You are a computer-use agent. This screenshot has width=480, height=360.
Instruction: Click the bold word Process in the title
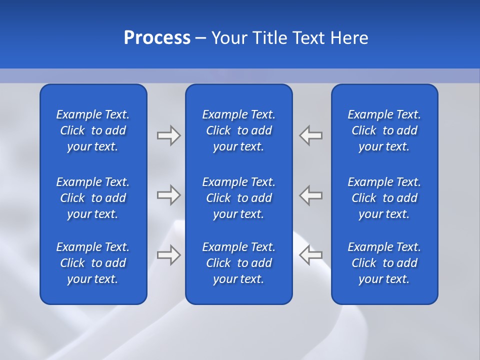click(157, 38)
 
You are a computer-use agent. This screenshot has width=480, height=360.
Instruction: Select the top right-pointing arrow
click(168, 135)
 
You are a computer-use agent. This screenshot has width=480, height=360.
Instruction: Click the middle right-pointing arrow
click(168, 195)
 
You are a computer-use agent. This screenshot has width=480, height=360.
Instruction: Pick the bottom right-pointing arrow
click(168, 255)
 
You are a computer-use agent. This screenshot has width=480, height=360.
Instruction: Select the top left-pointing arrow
click(310, 135)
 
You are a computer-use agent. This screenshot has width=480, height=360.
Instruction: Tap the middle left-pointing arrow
click(310, 195)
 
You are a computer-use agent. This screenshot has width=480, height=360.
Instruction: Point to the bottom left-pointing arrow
click(310, 255)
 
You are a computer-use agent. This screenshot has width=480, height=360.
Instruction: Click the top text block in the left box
click(93, 130)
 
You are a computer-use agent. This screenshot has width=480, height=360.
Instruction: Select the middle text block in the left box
click(93, 198)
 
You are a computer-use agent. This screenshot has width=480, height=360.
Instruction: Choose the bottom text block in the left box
click(93, 263)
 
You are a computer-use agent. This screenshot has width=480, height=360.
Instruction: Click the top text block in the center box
click(238, 130)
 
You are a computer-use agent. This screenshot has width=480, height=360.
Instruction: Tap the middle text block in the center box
click(238, 198)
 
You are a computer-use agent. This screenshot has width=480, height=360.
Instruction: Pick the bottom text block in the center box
click(238, 263)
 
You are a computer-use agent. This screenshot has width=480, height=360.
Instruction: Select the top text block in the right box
click(384, 130)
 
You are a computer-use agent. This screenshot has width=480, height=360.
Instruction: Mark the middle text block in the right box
click(384, 198)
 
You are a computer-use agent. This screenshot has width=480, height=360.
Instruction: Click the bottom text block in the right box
click(384, 263)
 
